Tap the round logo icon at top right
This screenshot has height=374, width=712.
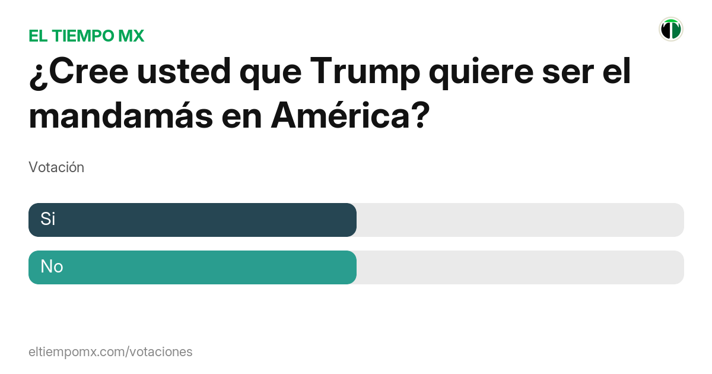click(670, 29)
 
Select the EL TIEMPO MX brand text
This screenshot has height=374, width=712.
click(87, 36)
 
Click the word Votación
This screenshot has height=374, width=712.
click(56, 167)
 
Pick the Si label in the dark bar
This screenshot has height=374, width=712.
click(48, 219)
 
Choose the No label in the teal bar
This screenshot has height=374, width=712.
click(52, 267)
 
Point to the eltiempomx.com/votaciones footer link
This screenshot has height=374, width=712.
click(110, 351)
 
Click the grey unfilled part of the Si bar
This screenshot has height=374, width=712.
click(519, 220)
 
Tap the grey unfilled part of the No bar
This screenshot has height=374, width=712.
click(519, 267)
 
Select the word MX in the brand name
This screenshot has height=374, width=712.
click(131, 36)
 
